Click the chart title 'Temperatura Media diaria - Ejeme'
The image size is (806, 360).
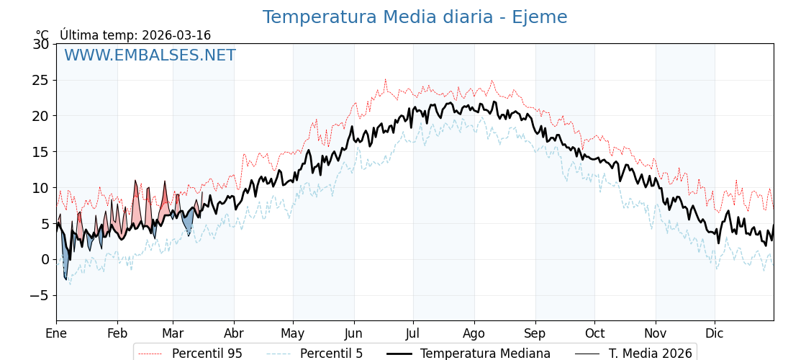point(415,17)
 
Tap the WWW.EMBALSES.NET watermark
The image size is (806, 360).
point(150,55)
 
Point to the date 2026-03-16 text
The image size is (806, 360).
point(176,35)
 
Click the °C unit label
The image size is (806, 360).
point(42,35)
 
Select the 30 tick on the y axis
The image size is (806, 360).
point(41,44)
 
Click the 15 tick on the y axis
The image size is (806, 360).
point(41,152)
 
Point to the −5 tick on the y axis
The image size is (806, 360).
point(37,296)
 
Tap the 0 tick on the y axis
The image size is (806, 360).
point(45,260)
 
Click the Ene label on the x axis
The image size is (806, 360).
point(56,334)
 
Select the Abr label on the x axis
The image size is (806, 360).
point(234,334)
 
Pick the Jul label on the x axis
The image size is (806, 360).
point(413,334)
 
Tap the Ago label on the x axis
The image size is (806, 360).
point(474,334)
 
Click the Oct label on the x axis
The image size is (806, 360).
point(594,334)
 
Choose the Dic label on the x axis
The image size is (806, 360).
point(715,334)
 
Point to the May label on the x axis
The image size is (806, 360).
point(293,334)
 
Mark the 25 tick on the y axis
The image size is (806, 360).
point(41,80)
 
